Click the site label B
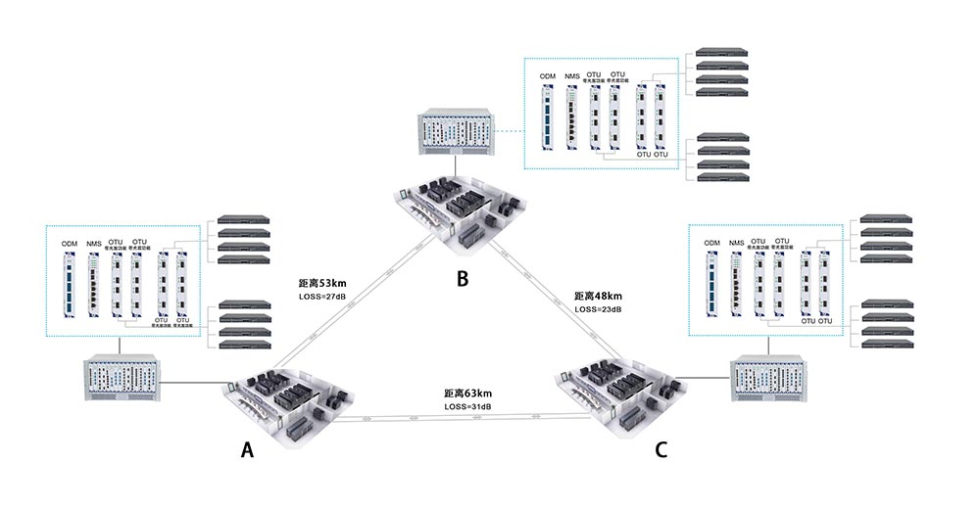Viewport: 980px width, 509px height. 463,279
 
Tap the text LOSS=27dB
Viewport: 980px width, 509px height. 322,295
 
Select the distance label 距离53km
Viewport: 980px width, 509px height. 323,282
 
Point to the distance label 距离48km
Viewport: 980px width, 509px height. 598,296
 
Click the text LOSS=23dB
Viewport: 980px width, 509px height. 598,309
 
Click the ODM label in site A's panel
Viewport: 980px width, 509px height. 69,244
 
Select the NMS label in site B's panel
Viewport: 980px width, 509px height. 572,76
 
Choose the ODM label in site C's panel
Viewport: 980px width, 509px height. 711,242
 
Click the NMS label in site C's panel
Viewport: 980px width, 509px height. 737,242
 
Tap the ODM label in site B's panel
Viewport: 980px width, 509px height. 547,76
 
